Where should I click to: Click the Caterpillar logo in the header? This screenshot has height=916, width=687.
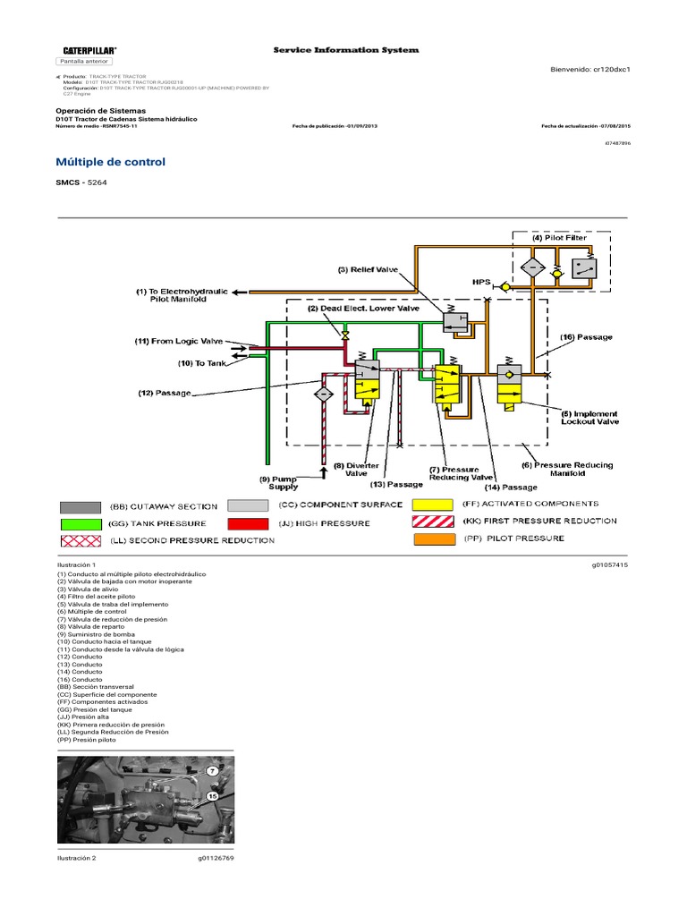(x=89, y=50)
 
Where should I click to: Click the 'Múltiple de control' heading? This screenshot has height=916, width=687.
(x=111, y=162)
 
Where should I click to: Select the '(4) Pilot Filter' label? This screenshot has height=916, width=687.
(x=561, y=238)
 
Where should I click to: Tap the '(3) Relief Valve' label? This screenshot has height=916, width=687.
(x=368, y=268)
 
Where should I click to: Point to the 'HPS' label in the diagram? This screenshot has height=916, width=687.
(x=481, y=281)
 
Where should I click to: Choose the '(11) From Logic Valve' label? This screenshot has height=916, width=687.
(x=179, y=341)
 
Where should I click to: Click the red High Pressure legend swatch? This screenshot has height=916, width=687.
(x=247, y=523)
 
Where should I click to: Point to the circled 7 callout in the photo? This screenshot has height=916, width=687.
(x=212, y=770)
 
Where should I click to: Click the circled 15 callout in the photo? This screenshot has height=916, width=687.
(x=212, y=795)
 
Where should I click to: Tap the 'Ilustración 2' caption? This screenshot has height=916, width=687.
(x=76, y=858)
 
